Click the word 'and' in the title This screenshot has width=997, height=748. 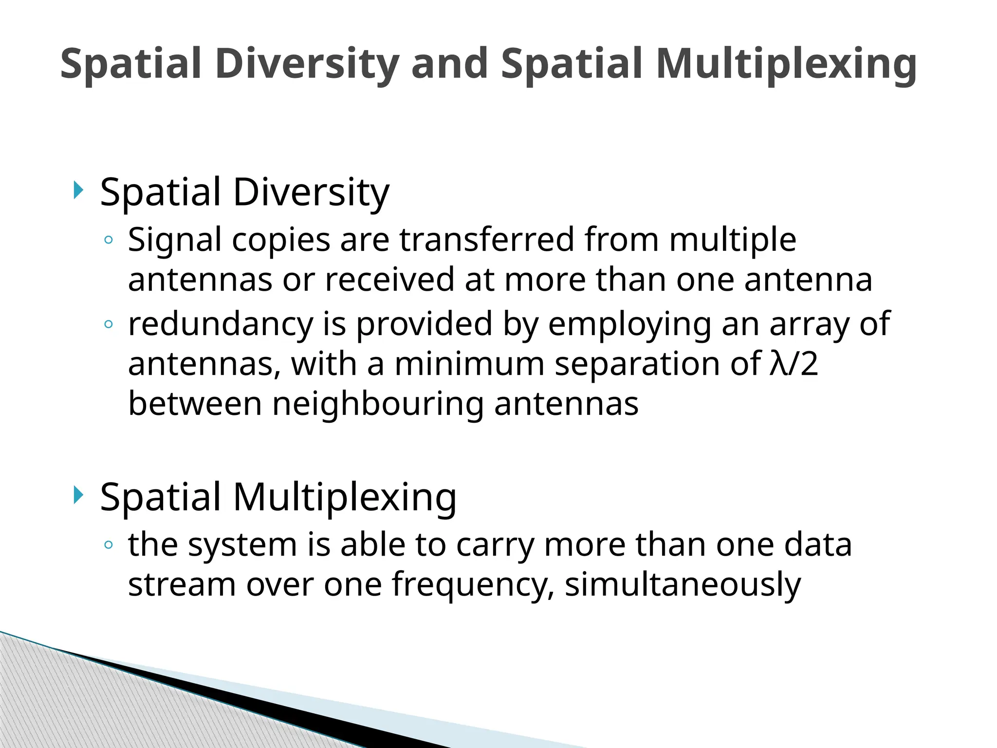pyautogui.click(x=449, y=63)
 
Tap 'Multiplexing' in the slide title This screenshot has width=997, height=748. pyautogui.click(x=786, y=64)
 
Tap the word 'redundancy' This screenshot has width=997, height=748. pyautogui.click(x=221, y=324)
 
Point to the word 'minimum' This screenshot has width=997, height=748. pyautogui.click(x=469, y=364)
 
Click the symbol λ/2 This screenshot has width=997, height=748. pyautogui.click(x=794, y=364)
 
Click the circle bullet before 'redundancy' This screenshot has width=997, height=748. pyautogui.click(x=109, y=324)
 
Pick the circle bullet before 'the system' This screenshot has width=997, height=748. pyautogui.click(x=109, y=545)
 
